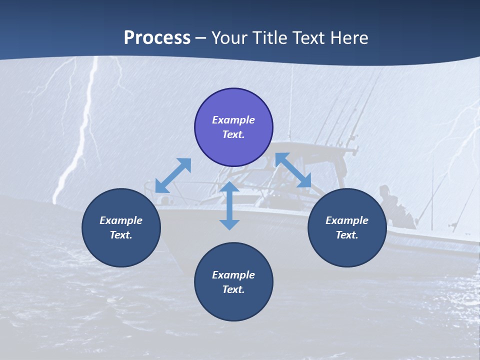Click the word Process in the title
pos(157,38)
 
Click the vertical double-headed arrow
pos(229,205)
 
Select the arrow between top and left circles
pos(173,175)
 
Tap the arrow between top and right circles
pos(293,170)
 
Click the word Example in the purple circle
pos(233,120)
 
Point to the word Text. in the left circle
pos(121,235)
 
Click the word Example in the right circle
pos(347,220)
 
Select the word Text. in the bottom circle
pos(233,289)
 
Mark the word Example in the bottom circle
pos(233,275)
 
